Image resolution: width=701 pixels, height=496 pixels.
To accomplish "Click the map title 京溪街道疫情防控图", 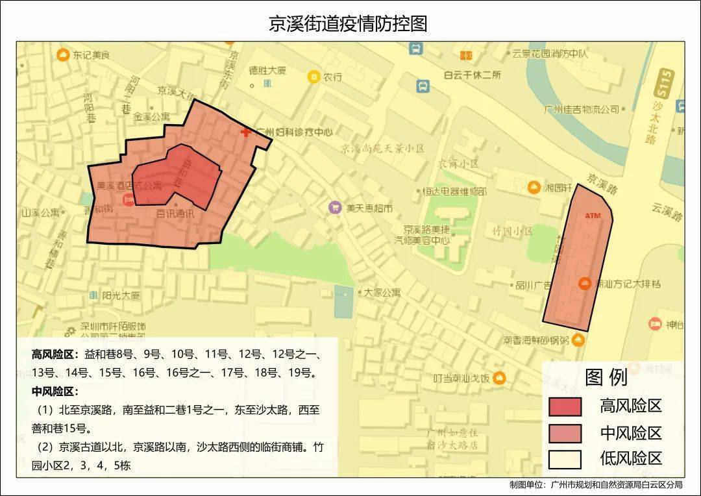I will click(x=349, y=24).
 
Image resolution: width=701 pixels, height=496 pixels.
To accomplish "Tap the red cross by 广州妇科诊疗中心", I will click(x=245, y=132).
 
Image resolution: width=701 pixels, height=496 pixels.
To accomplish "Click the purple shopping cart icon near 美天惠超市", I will click(x=335, y=208).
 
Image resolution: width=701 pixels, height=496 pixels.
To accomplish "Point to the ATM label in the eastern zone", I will click(x=593, y=215).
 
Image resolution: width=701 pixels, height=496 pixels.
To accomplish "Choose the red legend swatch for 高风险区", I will click(x=565, y=406).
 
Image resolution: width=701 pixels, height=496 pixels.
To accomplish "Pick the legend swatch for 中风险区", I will click(x=565, y=433).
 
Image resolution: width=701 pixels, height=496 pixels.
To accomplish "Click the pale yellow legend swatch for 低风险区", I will click(x=565, y=458).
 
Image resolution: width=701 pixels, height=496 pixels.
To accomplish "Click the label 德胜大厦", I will click(x=267, y=70).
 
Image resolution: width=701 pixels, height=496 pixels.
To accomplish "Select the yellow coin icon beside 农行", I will click(x=314, y=76).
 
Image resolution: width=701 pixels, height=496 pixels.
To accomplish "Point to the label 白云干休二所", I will click(x=473, y=75).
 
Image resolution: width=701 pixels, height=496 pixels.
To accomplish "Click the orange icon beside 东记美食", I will click(x=63, y=55).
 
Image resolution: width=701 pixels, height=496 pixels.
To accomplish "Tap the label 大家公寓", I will click(x=382, y=293).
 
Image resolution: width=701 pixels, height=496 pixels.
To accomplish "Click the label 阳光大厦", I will click(x=121, y=295).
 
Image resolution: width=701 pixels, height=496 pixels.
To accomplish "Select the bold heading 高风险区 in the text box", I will click(x=55, y=355).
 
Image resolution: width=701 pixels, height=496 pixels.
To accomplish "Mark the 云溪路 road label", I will click(x=667, y=212).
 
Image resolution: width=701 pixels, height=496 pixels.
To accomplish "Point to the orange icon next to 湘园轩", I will click(x=534, y=188).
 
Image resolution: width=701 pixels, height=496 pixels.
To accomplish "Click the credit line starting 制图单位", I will click(x=596, y=484).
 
